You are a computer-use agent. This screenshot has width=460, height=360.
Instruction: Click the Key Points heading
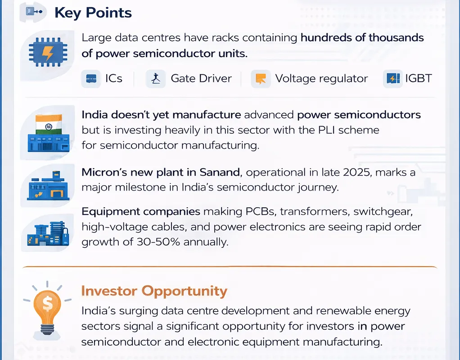[93, 13]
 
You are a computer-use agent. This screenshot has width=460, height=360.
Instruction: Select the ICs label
[114, 78]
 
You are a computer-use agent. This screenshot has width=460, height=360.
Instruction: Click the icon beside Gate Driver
[156, 79]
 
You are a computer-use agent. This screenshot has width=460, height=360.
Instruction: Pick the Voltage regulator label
[321, 78]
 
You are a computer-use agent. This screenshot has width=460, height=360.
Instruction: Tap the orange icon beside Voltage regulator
[260, 79]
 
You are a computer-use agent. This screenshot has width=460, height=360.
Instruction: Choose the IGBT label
[418, 78]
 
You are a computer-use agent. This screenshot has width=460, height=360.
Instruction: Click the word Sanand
[221, 172]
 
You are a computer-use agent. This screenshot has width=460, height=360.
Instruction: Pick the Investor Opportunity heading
[154, 291]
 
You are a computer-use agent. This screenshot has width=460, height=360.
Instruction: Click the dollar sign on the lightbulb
[47, 303]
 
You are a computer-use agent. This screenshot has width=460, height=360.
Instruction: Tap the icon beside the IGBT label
[392, 79]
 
